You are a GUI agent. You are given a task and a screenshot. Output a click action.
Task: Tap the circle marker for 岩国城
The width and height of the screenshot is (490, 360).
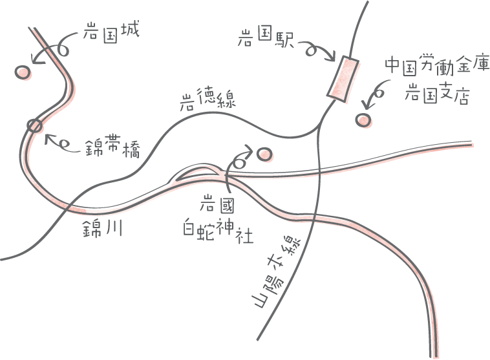pyautogui.click(x=23, y=73)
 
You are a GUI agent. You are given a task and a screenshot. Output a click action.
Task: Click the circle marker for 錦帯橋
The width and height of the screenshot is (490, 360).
pyautogui.click(x=34, y=125)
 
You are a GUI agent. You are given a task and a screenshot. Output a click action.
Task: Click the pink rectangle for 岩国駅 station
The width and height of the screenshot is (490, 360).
pyautogui.click(x=344, y=79)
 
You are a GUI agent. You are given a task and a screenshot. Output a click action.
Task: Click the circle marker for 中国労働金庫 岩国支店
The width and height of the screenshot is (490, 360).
pyautogui.click(x=364, y=120)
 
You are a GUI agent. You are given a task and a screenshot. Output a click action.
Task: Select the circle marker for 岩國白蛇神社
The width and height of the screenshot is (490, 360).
pyautogui.click(x=264, y=154)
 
